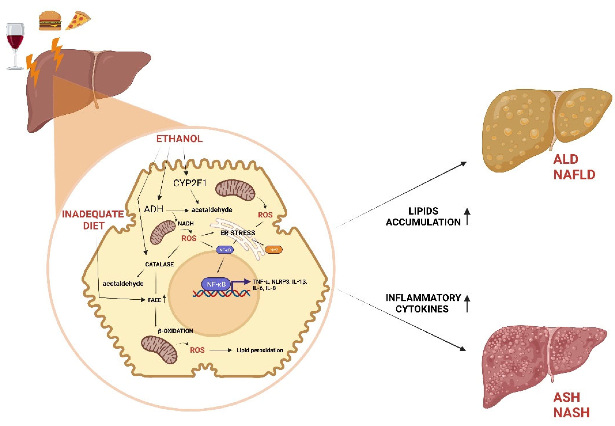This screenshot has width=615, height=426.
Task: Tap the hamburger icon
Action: [50, 21]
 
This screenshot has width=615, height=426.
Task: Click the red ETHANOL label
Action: [179, 139]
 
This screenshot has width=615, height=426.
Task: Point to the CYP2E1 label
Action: [190, 183]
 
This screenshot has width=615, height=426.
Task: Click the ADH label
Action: [154, 209]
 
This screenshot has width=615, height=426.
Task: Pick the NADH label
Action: [186, 223]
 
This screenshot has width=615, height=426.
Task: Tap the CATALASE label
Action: [159, 264]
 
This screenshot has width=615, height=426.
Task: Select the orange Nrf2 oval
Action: [274, 250]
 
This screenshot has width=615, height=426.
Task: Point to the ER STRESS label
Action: [238, 233]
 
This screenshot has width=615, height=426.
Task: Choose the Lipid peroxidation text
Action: [260, 350]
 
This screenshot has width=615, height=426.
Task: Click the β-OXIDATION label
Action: [175, 331]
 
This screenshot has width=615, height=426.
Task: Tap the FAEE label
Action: [155, 300]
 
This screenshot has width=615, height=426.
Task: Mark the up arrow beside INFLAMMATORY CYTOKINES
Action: [467, 303]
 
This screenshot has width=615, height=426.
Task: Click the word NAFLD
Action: [574, 175]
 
